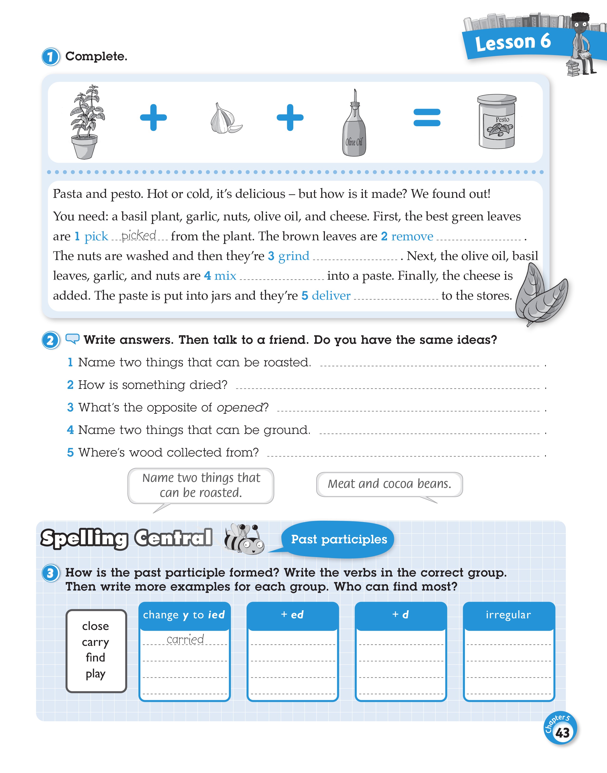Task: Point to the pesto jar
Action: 497,121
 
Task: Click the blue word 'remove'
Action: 412,236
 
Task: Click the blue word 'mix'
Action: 225,276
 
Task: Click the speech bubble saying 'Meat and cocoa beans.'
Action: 389,484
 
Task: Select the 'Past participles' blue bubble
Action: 339,539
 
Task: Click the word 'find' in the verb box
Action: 95,657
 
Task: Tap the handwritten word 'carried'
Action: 185,639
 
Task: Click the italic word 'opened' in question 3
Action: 239,407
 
